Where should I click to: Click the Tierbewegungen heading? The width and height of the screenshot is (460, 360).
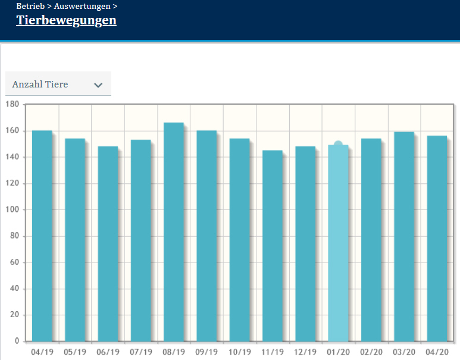coord(66,21)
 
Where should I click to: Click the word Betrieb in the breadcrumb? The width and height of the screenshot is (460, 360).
coord(30,7)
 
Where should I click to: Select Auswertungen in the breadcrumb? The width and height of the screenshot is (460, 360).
coord(82,7)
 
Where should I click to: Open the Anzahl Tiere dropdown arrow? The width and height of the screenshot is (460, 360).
coord(98,85)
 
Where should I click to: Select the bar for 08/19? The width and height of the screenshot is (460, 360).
coord(174,232)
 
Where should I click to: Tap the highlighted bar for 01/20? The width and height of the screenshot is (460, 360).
coord(338,244)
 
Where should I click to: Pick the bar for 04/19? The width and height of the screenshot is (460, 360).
coord(42,236)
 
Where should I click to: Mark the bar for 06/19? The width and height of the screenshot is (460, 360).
coord(108,244)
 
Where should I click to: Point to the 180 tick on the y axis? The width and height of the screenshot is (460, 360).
coord(12,104)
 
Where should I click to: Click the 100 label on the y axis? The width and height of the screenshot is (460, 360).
coord(12,210)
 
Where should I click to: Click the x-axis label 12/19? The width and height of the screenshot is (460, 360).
coord(305,352)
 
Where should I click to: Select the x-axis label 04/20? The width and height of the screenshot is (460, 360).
coord(437,352)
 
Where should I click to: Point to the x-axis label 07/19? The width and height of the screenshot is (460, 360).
coord(140,352)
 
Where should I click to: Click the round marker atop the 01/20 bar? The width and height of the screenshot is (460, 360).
coord(338,145)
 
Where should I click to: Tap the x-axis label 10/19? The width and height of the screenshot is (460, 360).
coord(239,352)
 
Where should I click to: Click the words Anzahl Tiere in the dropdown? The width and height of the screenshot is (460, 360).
coord(40,84)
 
